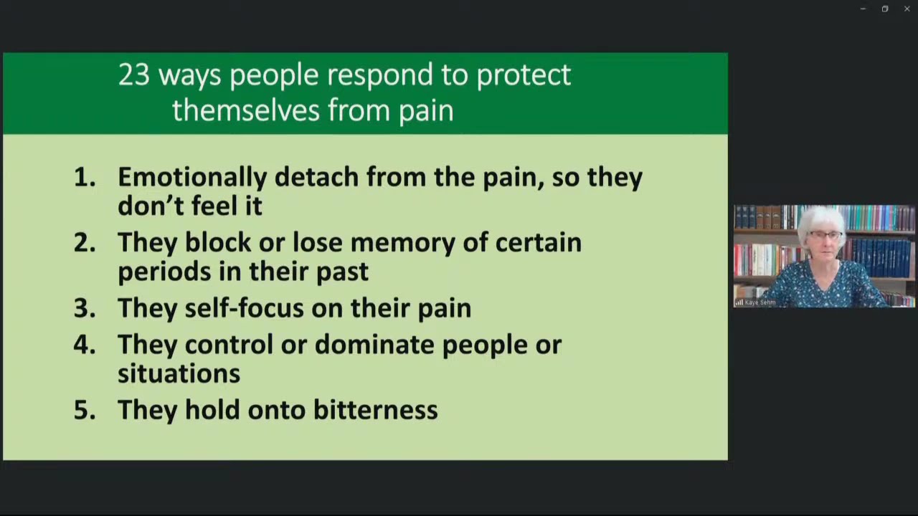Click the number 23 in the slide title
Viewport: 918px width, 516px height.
[133, 75]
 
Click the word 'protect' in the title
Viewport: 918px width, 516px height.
[524, 75]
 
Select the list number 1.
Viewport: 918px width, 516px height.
[84, 177]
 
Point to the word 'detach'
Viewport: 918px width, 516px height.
[316, 177]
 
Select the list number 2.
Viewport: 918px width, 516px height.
[84, 243]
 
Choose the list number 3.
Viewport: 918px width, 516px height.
[84, 308]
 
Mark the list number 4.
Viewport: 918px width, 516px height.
[84, 345]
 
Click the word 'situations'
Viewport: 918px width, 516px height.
[179, 373]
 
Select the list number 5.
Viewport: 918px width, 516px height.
[84, 410]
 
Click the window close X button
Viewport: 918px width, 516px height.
[907, 9]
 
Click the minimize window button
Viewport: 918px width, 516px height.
[863, 9]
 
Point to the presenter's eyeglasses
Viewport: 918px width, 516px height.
[825, 235]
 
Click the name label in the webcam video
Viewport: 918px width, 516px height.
[759, 302]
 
